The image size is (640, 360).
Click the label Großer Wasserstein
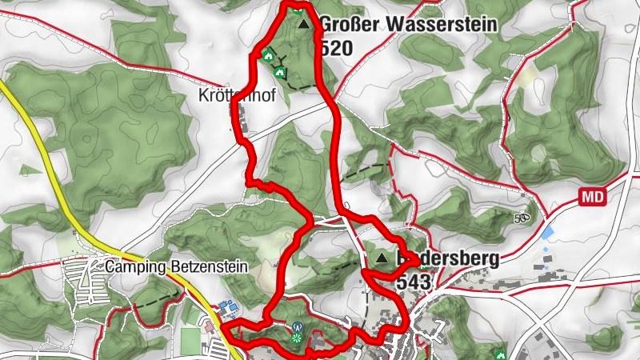tap(408, 25)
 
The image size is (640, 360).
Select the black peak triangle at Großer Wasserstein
tap(302, 25)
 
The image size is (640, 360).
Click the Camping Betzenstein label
tap(176, 266)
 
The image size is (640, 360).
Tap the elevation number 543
tap(413, 282)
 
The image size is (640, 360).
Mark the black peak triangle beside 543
tap(382, 258)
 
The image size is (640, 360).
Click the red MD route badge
tap(593, 196)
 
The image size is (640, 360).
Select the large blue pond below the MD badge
tap(549, 233)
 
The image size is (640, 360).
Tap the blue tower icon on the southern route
tap(296, 326)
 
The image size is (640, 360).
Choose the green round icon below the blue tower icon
tap(297, 340)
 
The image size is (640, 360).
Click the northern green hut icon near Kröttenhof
tap(267, 55)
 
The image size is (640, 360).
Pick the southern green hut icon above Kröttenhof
tap(279, 72)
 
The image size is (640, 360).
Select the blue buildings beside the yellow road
tap(226, 307)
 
